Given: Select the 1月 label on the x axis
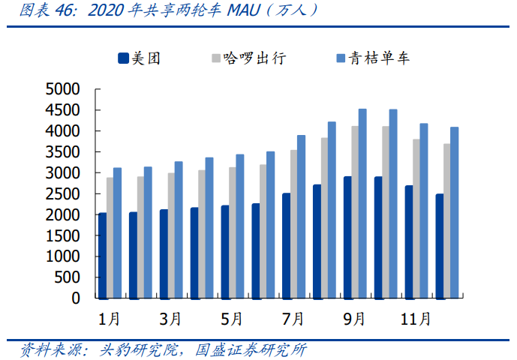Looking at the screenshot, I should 110,319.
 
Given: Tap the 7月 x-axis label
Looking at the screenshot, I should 293,319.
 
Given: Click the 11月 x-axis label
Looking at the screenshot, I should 416,319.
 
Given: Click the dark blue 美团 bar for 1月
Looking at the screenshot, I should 102,255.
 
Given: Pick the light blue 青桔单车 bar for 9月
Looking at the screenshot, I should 362,203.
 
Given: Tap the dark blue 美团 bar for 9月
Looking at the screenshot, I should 347,237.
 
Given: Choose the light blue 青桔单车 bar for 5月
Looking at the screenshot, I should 240,226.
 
